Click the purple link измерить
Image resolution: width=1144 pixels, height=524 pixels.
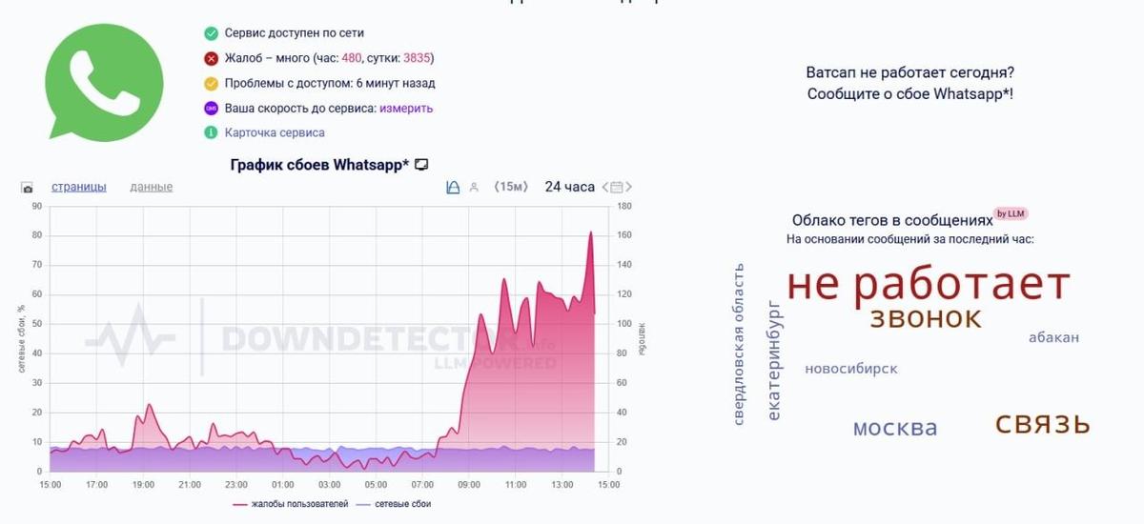[406, 109]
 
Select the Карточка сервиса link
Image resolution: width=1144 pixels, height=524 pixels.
[275, 133]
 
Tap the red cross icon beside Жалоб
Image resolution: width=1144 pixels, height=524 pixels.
[211, 58]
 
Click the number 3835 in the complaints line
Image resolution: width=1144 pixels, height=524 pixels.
[418, 58]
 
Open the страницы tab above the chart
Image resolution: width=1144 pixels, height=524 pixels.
[79, 187]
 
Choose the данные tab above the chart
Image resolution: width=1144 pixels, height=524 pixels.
[152, 187]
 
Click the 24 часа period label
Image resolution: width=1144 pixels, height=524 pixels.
[569, 187]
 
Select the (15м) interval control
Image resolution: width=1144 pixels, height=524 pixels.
[510, 187]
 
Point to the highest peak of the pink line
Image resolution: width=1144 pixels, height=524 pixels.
[591, 232]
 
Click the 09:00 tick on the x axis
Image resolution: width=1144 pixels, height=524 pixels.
[469, 485]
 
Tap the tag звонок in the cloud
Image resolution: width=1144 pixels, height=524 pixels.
[925, 318]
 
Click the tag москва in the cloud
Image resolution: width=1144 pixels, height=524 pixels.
[895, 429]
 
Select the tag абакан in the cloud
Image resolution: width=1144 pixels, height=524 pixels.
[1053, 337]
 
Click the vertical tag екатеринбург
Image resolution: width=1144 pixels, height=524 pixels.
[774, 360]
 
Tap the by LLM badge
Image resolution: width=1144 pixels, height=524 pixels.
[1011, 213]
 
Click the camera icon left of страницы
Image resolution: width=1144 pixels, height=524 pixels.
[28, 188]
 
